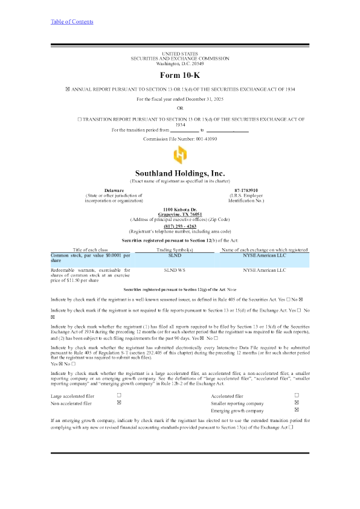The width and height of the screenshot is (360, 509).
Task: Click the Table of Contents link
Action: tap(72, 22)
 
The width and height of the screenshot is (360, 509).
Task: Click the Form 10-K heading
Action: tap(179, 75)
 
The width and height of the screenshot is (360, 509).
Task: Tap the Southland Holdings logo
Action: tap(179, 156)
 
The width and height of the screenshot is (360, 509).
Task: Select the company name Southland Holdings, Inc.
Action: tap(179, 173)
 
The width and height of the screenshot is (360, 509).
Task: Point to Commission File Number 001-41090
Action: tap(179, 139)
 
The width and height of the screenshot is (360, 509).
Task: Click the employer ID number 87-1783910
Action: tap(246, 190)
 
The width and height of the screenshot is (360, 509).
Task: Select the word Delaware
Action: tap(114, 190)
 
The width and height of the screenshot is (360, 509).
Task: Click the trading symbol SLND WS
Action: tap(175, 271)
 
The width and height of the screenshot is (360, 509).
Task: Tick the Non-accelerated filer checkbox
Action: tap(119, 402)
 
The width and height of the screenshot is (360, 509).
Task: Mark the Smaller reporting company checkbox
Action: tap(296, 402)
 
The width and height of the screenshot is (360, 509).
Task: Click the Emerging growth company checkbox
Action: tap(296, 410)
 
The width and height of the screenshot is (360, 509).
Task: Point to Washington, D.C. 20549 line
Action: tap(179, 63)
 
